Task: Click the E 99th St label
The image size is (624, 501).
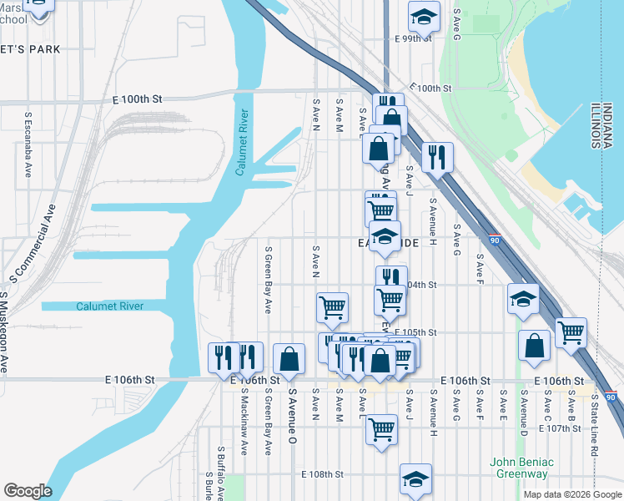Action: pyautogui.click(x=413, y=38)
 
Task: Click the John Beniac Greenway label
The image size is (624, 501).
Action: pyautogui.click(x=519, y=468)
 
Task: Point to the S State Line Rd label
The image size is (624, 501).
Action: pyautogui.click(x=594, y=426)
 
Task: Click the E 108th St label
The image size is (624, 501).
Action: pyautogui.click(x=322, y=474)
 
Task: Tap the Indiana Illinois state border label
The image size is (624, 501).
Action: pyautogui.click(x=596, y=126)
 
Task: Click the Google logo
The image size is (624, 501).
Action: pyautogui.click(x=28, y=491)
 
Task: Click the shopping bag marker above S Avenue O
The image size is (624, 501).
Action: pyautogui.click(x=289, y=359)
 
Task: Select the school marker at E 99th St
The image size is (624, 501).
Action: pyautogui.click(x=424, y=15)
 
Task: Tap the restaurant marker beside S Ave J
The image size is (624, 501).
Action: pyautogui.click(x=437, y=156)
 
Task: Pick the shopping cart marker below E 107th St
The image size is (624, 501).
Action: pyautogui.click(x=381, y=429)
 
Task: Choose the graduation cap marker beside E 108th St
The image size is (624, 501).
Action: pyautogui.click(x=415, y=478)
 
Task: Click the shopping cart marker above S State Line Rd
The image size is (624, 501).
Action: pyautogui.click(x=571, y=332)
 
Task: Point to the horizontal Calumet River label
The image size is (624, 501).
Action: pyautogui.click(x=110, y=306)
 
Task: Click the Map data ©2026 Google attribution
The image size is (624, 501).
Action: pyautogui.click(x=572, y=494)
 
